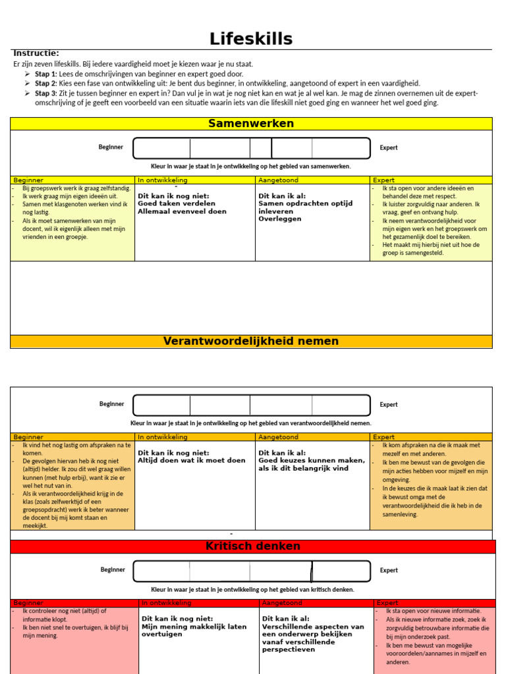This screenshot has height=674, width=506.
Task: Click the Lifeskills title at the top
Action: tap(251, 39)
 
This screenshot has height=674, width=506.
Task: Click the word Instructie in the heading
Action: tap(36, 53)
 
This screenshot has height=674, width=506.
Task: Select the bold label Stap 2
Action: tap(46, 84)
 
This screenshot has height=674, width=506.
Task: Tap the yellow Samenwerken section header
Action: tap(251, 124)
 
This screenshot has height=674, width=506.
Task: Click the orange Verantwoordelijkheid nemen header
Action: tap(251, 341)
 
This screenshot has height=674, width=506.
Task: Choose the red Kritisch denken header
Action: tap(253, 546)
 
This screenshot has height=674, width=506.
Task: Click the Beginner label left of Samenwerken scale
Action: tap(111, 147)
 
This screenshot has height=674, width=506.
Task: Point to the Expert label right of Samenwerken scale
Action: tap(389, 148)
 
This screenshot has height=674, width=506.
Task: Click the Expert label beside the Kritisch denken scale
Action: tap(389, 571)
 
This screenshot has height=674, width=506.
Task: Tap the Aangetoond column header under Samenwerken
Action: tap(278, 180)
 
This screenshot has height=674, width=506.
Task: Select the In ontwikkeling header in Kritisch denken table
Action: tap(166, 603)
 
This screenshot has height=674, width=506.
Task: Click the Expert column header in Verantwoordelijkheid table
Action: tap(384, 437)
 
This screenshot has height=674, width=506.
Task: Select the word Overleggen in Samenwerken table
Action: tap(280, 219)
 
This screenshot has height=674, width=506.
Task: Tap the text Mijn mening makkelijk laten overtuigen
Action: tap(194, 631)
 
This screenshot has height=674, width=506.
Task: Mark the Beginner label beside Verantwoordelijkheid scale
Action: tap(111, 404)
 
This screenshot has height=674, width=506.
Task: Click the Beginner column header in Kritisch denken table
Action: tap(28, 603)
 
